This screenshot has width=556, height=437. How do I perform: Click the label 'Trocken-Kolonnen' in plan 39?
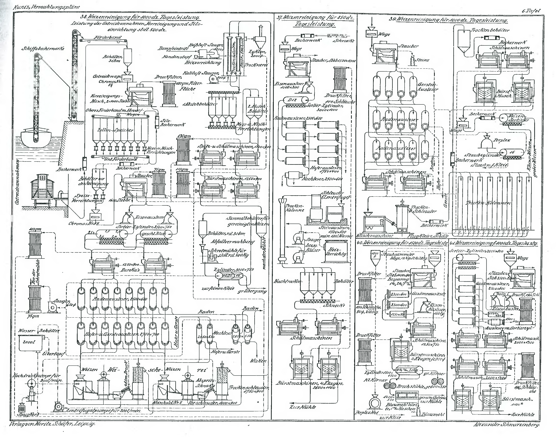click(x=488, y=203)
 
